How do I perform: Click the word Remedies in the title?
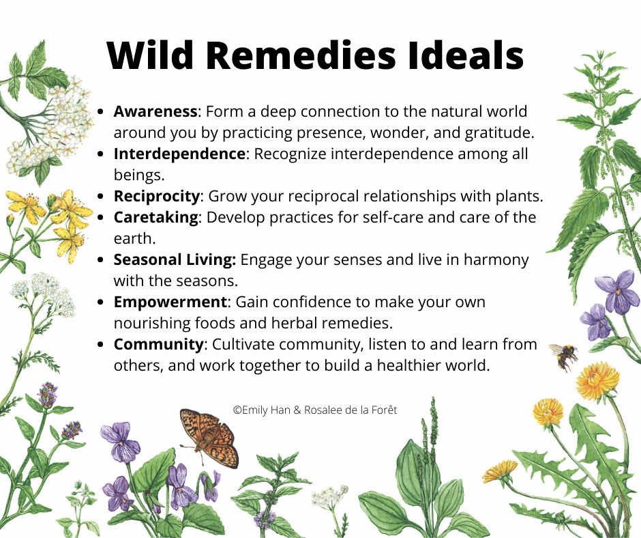(301, 55)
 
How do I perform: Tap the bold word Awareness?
(155, 111)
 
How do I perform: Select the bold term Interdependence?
(179, 154)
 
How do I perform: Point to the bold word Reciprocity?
(157, 197)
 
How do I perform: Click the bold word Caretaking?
(155, 217)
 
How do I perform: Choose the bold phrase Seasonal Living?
(175, 260)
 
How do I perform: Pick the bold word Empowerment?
(170, 302)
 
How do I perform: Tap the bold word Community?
(158, 345)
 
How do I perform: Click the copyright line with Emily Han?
(315, 410)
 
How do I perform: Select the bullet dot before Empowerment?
(100, 302)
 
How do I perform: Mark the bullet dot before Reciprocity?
(100, 197)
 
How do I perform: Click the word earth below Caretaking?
(134, 239)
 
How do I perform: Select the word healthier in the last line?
(408, 366)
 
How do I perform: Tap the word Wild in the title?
(149, 55)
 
